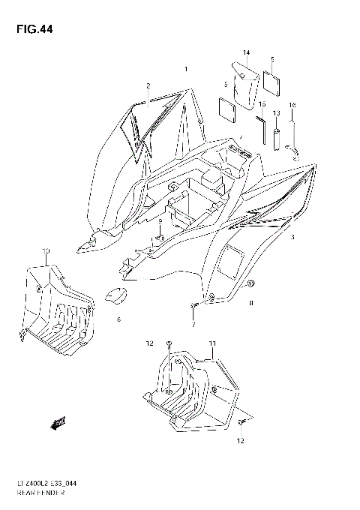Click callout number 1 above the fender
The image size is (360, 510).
(185, 70)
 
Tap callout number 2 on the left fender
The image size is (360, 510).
(148, 86)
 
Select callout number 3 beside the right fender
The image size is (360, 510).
(293, 237)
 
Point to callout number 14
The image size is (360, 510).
(246, 52)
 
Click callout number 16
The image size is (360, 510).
(292, 105)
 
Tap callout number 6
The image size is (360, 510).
(118, 319)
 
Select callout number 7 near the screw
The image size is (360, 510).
(192, 325)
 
